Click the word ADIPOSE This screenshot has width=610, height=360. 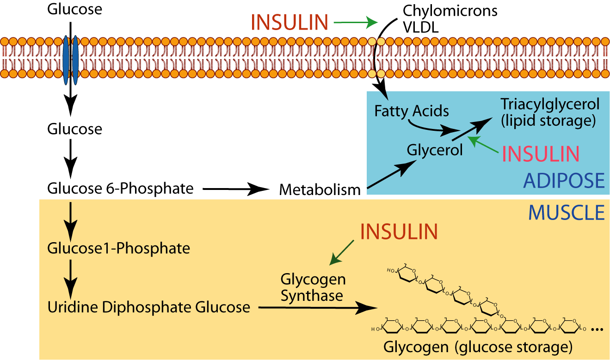[564, 181]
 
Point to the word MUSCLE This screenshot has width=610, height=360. [567, 212]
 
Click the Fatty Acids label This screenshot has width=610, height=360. [412, 111]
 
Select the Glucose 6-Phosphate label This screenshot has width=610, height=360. [120, 188]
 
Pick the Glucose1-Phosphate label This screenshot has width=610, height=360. [118, 248]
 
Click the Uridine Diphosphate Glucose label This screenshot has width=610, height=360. [149, 307]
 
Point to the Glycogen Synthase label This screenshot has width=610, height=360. [313, 287]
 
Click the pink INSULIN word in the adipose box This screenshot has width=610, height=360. [540, 154]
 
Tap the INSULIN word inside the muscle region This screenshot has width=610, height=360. [399, 232]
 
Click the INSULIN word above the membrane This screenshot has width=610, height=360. [290, 22]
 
